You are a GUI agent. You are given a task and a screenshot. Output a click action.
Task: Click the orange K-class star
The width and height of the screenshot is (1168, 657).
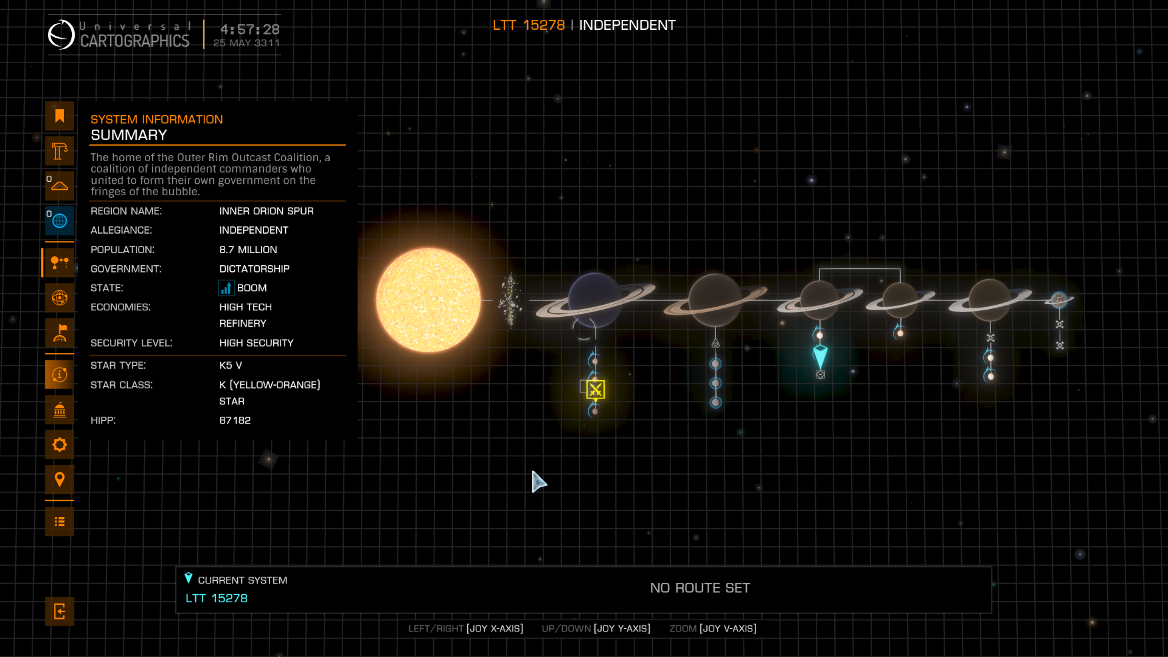tap(428, 300)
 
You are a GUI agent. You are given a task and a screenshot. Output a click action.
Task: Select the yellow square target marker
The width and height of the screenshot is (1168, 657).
tap(596, 390)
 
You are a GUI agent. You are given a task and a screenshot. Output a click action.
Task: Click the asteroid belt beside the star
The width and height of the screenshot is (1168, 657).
tap(510, 299)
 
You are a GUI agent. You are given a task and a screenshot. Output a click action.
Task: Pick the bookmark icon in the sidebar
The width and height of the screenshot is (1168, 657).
tap(60, 116)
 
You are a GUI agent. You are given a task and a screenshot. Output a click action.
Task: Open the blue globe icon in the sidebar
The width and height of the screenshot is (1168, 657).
tap(60, 221)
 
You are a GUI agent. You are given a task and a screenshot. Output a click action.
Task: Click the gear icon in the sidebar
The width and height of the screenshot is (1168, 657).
tap(60, 445)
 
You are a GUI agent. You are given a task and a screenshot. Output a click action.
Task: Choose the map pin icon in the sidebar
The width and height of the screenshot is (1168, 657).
tap(60, 479)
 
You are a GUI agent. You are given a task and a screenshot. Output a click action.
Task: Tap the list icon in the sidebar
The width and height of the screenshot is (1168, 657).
tap(60, 521)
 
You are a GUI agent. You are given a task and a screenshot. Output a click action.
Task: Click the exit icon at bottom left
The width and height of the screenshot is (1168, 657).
tap(60, 611)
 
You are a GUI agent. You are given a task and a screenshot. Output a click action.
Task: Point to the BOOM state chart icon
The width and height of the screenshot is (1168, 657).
tap(226, 288)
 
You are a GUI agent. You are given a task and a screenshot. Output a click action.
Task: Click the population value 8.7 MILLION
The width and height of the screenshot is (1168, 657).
tap(248, 249)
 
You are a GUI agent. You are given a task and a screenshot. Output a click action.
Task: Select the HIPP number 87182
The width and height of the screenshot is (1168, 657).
tap(235, 420)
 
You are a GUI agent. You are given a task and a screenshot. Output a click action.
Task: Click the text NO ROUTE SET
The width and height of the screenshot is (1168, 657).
tap(700, 588)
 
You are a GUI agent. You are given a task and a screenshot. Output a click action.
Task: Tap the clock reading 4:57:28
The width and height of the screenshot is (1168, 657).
tap(250, 29)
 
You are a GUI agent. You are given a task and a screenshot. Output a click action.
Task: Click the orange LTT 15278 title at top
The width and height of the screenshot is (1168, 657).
tap(529, 25)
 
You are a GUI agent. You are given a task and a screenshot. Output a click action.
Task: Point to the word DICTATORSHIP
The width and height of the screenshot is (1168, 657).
tap(254, 269)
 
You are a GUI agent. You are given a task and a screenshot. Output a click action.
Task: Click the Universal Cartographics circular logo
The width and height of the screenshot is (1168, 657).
tap(61, 35)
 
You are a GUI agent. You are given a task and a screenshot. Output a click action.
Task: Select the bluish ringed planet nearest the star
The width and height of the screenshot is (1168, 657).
tap(594, 300)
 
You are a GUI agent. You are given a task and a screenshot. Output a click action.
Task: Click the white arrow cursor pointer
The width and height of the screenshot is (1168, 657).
tap(538, 481)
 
